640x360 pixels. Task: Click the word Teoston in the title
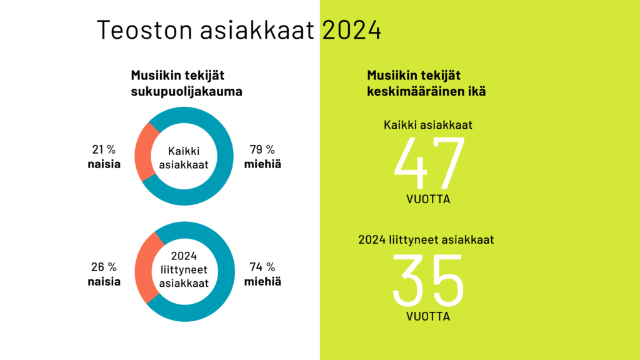144,29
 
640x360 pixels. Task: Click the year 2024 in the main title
351,29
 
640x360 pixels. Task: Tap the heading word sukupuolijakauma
186,91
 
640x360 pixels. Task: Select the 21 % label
104,149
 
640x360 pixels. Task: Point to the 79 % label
262,149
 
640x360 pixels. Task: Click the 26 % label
104,267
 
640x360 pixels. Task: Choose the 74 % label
262,267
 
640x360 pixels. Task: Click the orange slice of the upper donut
143,152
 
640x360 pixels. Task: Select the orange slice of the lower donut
144,267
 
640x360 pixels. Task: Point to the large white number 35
428,280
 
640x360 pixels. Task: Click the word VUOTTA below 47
428,199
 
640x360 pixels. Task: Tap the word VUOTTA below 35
428,316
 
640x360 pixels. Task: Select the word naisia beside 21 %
104,164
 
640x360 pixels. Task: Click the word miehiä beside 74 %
262,282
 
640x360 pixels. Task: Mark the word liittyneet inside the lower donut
184,269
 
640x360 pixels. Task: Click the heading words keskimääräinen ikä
426,91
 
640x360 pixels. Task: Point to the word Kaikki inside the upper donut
184,151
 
